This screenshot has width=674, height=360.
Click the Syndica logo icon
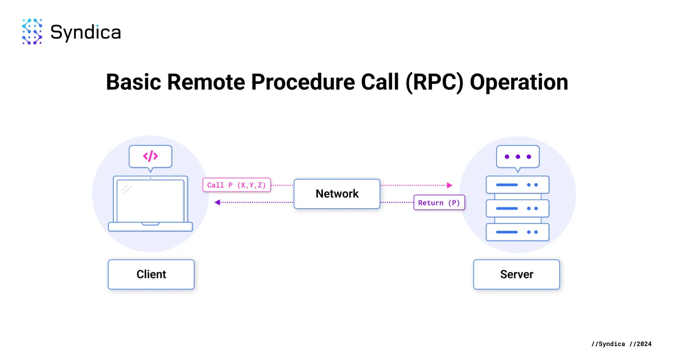[32, 31]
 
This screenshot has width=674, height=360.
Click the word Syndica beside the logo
[85, 32]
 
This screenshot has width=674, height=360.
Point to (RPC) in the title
[432, 82]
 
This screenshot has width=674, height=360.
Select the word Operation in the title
[518, 82]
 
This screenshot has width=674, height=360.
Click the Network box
[337, 194]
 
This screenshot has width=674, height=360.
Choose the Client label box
[151, 275]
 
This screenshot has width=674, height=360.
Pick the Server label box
[517, 275]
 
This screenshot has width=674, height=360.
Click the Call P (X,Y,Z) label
[236, 185]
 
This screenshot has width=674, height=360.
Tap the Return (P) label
[439, 203]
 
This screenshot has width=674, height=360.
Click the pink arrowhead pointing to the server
[449, 185]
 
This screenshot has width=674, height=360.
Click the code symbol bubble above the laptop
[150, 156]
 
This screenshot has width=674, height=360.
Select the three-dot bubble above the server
[517, 156]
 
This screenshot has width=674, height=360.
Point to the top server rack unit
[517, 185]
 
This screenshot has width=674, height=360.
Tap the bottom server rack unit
[517, 231]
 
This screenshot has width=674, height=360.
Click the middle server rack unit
[517, 208]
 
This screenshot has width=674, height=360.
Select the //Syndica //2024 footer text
[622, 344]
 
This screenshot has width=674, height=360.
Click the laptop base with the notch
[150, 227]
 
